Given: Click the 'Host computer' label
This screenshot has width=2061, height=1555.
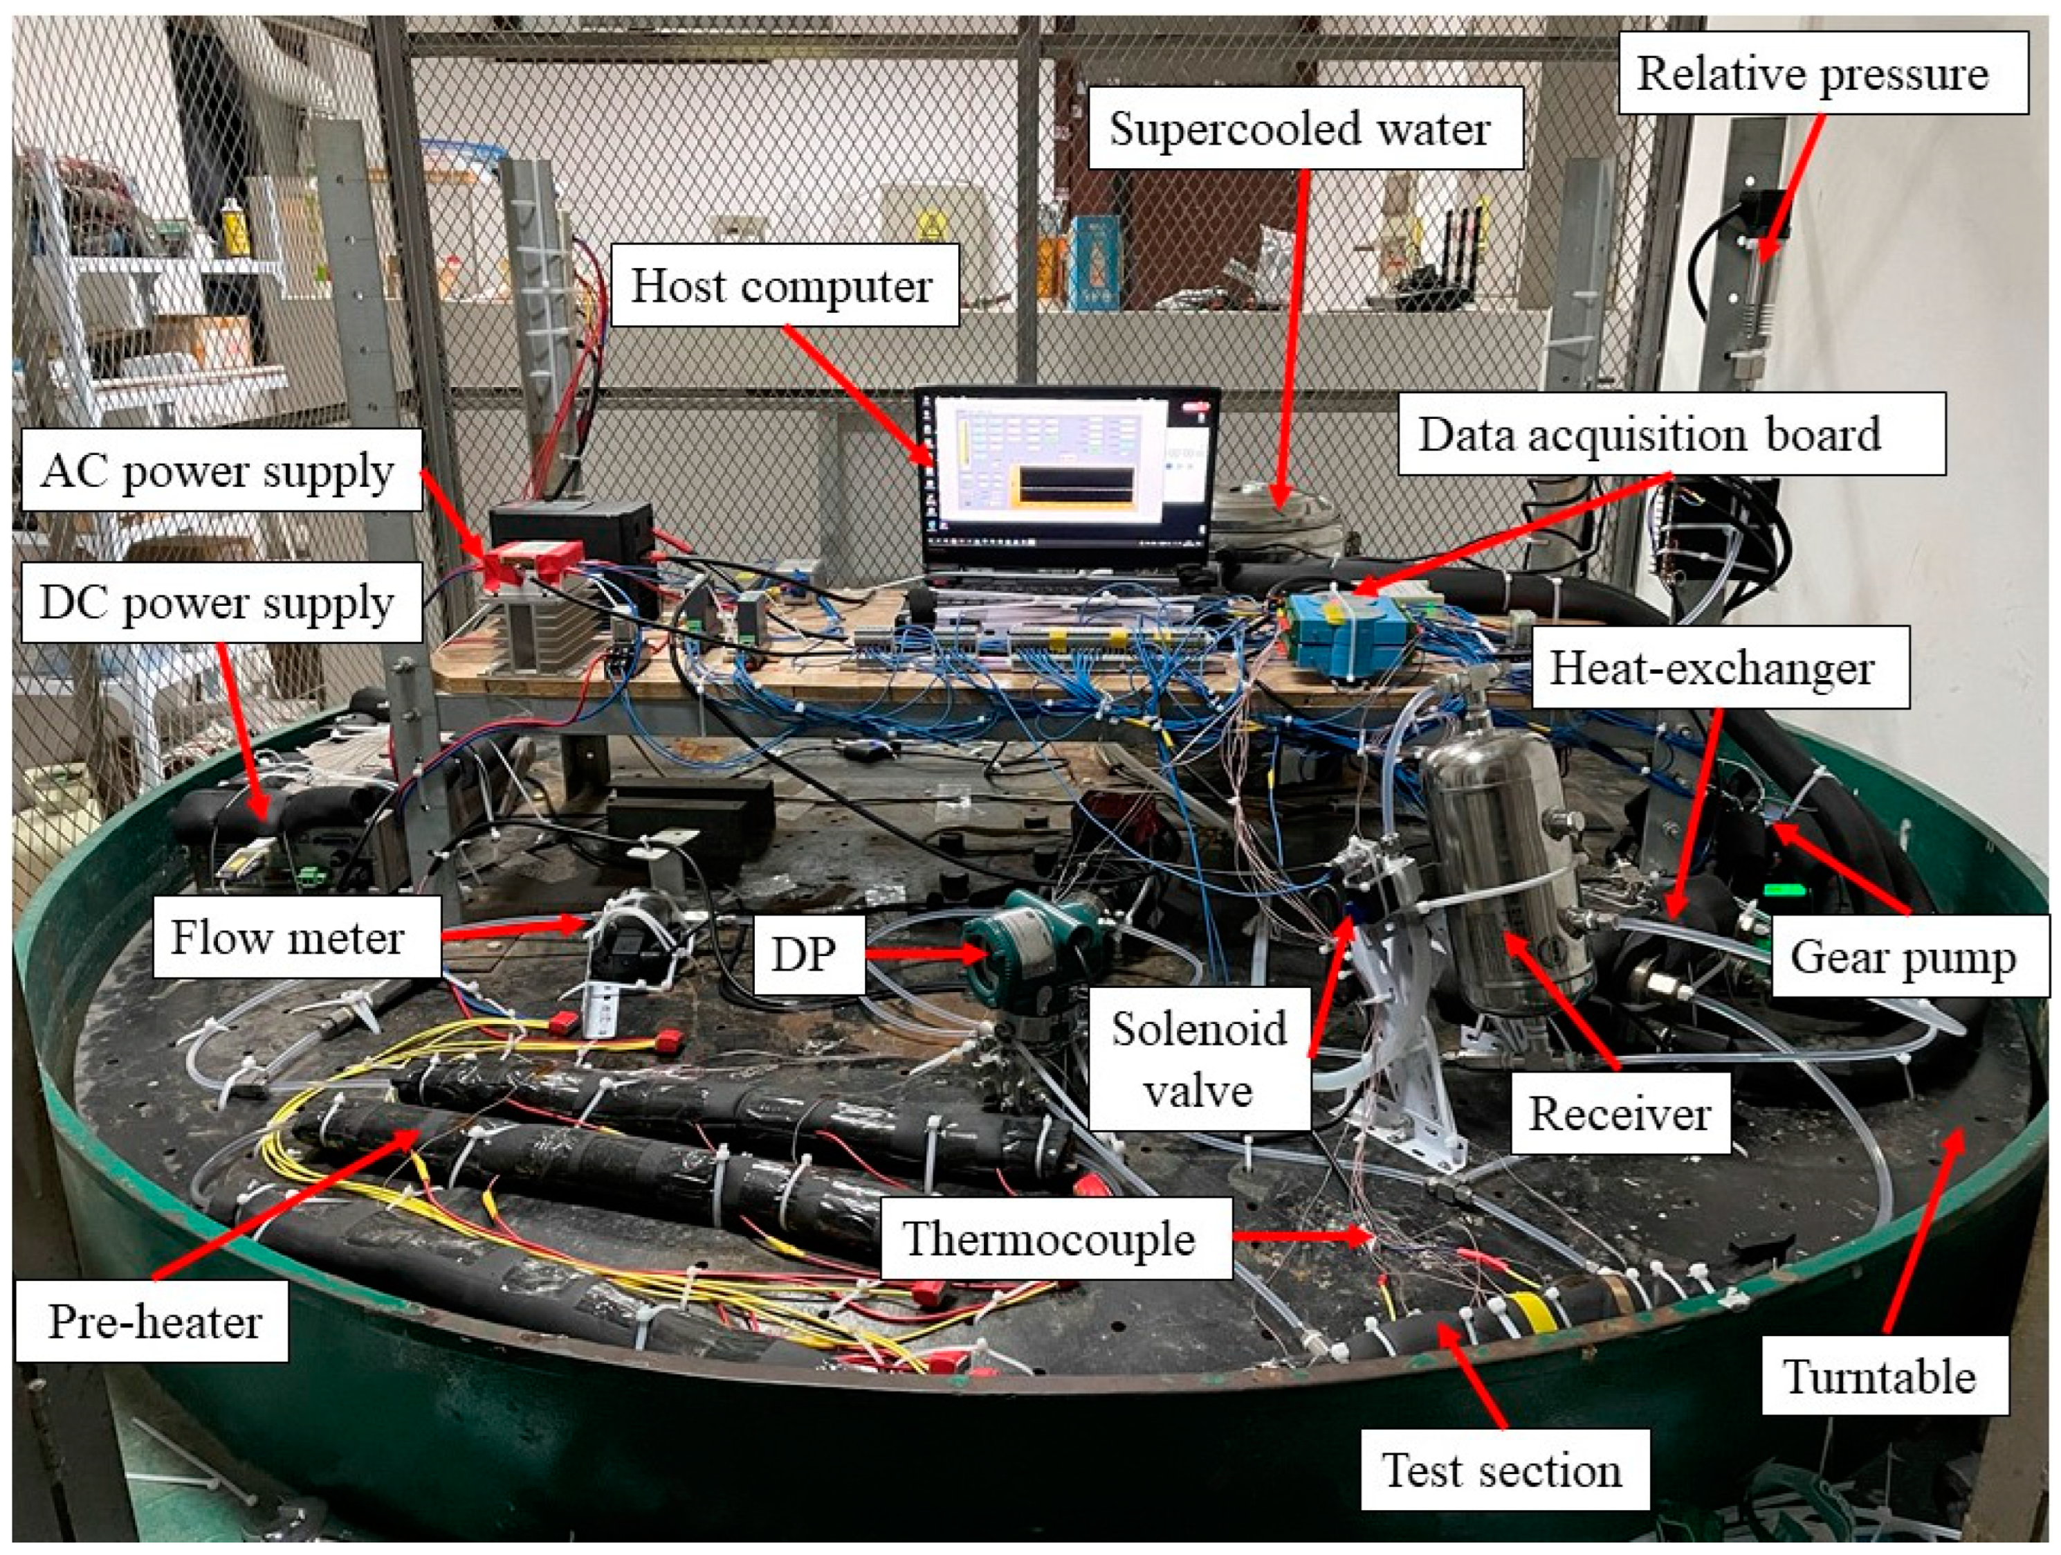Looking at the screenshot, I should (x=782, y=285).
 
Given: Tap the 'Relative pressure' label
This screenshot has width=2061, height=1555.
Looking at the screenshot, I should (x=1812, y=73).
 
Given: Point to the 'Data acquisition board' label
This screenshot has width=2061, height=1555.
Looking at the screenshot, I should (x=1649, y=434).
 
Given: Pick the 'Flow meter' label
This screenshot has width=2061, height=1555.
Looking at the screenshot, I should (x=288, y=937).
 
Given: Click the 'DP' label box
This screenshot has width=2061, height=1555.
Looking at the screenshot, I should (x=803, y=953).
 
